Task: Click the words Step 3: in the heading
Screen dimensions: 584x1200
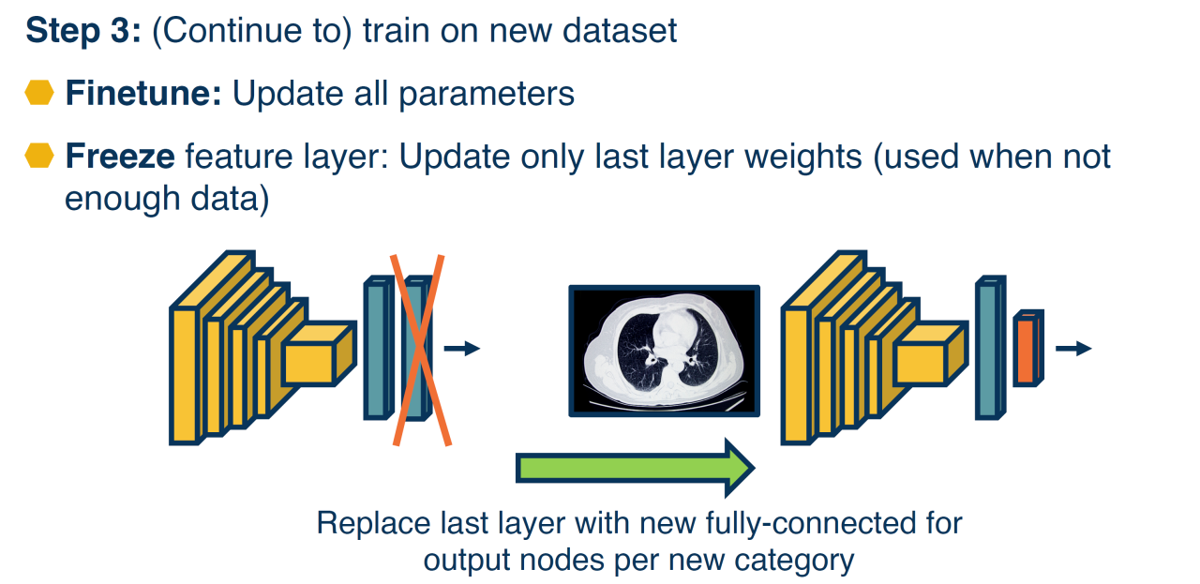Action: pyautogui.click(x=82, y=31)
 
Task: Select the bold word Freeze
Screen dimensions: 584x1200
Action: pyautogui.click(x=119, y=156)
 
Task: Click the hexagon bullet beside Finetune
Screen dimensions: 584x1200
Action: pyautogui.click(x=39, y=94)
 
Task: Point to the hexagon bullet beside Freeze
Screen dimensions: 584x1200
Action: pyautogui.click(x=39, y=156)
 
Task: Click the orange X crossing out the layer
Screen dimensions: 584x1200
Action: pyautogui.click(x=419, y=349)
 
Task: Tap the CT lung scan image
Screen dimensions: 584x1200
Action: pyautogui.click(x=664, y=351)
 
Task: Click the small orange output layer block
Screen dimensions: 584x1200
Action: pyautogui.click(x=1027, y=350)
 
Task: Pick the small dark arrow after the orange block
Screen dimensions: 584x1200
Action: pyautogui.click(x=1073, y=349)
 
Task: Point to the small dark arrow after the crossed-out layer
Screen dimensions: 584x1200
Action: pyautogui.click(x=461, y=349)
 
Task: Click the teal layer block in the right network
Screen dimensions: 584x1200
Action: pyautogui.click(x=988, y=348)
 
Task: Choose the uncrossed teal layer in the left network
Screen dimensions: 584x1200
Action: pyautogui.click(x=377, y=349)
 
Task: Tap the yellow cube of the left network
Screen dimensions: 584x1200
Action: pyautogui.click(x=316, y=356)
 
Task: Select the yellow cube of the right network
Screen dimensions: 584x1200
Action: pyautogui.click(x=927, y=356)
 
